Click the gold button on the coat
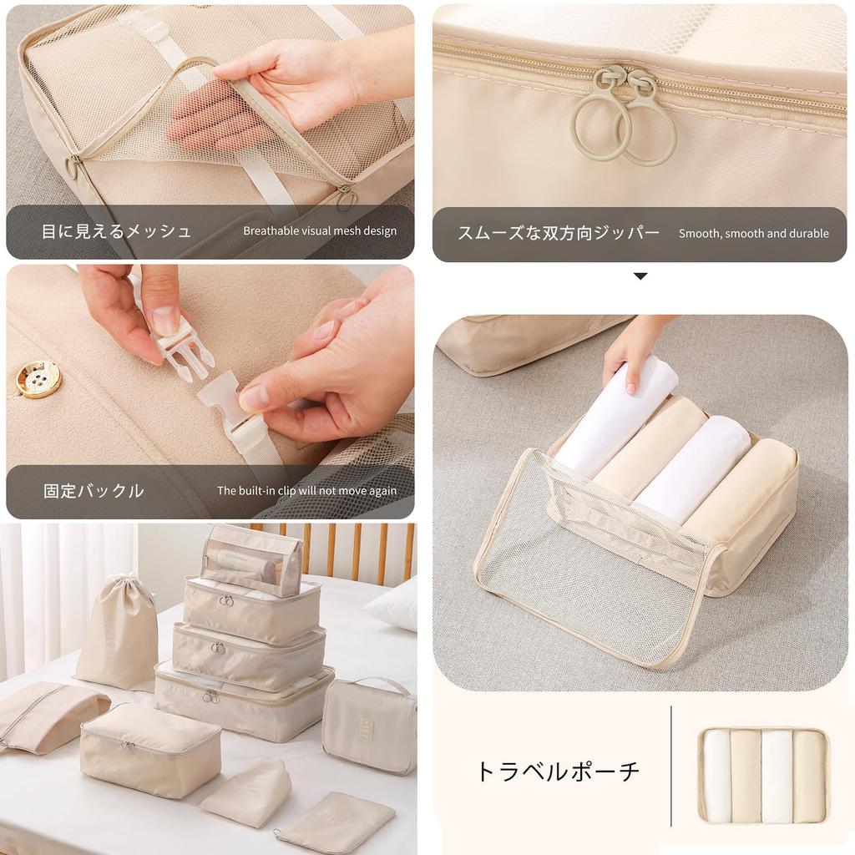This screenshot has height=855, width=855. [38, 379]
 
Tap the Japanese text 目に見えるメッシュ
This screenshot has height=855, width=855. [116, 231]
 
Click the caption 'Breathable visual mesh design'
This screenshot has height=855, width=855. [320, 231]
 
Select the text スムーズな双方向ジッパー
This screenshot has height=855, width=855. [558, 233]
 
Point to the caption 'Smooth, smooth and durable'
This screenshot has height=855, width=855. [753, 234]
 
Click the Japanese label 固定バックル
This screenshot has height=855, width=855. [94, 491]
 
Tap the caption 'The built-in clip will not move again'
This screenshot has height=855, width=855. [306, 491]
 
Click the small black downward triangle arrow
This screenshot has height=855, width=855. [640, 276]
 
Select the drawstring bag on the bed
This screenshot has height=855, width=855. [119, 632]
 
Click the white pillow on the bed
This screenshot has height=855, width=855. [394, 603]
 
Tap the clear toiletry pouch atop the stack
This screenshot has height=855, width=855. [251, 559]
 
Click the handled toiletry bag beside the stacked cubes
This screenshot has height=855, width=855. [368, 724]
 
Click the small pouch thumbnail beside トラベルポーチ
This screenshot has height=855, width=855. [763, 776]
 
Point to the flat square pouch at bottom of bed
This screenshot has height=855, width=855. [336, 822]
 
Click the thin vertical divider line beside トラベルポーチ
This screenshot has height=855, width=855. [671, 766]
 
